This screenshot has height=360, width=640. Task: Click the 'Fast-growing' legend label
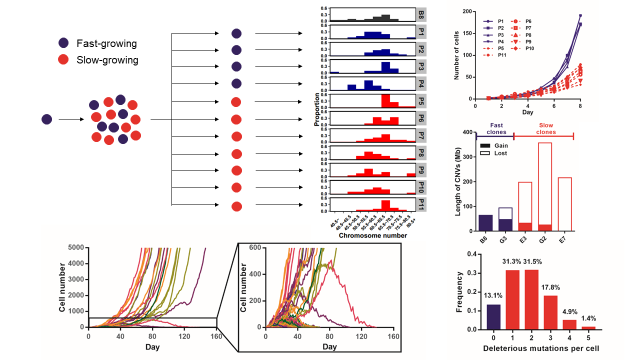106,43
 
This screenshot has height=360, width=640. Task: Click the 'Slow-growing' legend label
107,60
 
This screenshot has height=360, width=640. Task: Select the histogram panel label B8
421,14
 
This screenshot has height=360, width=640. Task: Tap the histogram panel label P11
421,204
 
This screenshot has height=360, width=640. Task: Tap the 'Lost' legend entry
500,153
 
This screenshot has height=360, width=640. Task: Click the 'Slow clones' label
545,129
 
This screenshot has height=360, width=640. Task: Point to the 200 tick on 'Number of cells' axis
468,11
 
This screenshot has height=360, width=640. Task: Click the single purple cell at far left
46,119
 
